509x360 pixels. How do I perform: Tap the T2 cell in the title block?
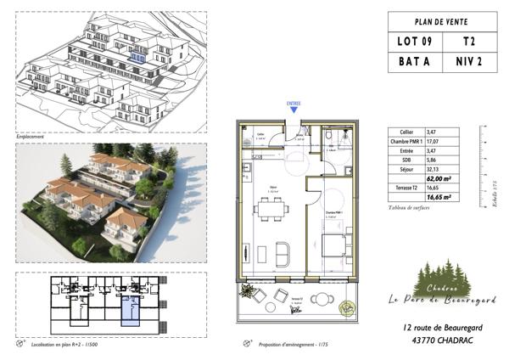pos(468,41)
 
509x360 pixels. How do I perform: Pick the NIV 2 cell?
pos(468,61)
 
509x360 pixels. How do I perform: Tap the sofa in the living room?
pos(283,253)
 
